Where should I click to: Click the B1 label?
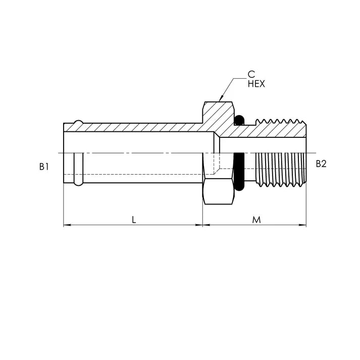click(44, 166)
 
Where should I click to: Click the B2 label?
click(321, 164)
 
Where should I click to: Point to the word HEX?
click(256, 84)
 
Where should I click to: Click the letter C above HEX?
click(251, 75)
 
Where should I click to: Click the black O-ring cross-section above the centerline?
click(240, 120)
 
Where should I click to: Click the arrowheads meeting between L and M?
click(202, 225)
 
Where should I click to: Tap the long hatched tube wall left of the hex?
click(136, 128)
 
